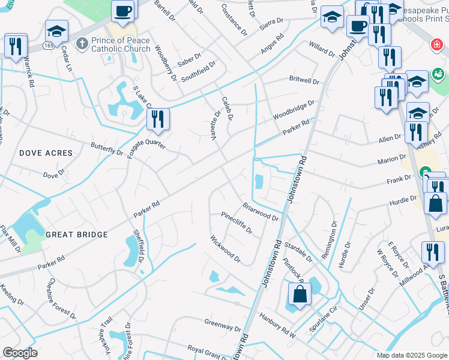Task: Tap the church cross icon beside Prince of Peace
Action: (82, 44)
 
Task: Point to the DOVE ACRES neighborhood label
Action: (46, 153)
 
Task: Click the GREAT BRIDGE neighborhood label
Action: (77, 235)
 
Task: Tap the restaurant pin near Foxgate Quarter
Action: (158, 119)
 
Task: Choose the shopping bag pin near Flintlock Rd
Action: (299, 295)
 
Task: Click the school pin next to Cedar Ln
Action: (57, 31)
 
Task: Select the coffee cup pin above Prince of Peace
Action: (123, 11)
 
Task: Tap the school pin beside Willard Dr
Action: (331, 18)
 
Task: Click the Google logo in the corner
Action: (20, 353)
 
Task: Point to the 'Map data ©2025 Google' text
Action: (411, 355)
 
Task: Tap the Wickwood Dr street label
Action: (225, 249)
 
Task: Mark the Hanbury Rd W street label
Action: (277, 323)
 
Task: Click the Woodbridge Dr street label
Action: (293, 109)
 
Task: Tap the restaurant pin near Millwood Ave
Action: (432, 253)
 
